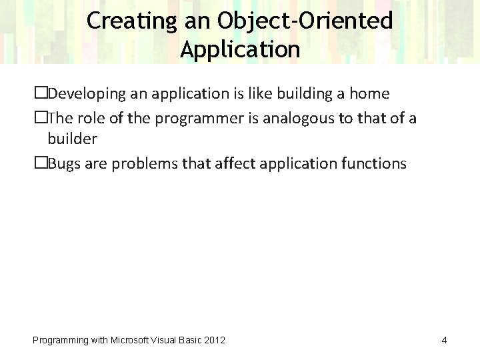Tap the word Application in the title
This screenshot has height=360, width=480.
(240, 49)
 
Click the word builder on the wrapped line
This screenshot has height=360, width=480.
(72, 139)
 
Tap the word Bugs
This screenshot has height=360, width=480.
(64, 163)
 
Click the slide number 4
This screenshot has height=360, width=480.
(444, 341)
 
